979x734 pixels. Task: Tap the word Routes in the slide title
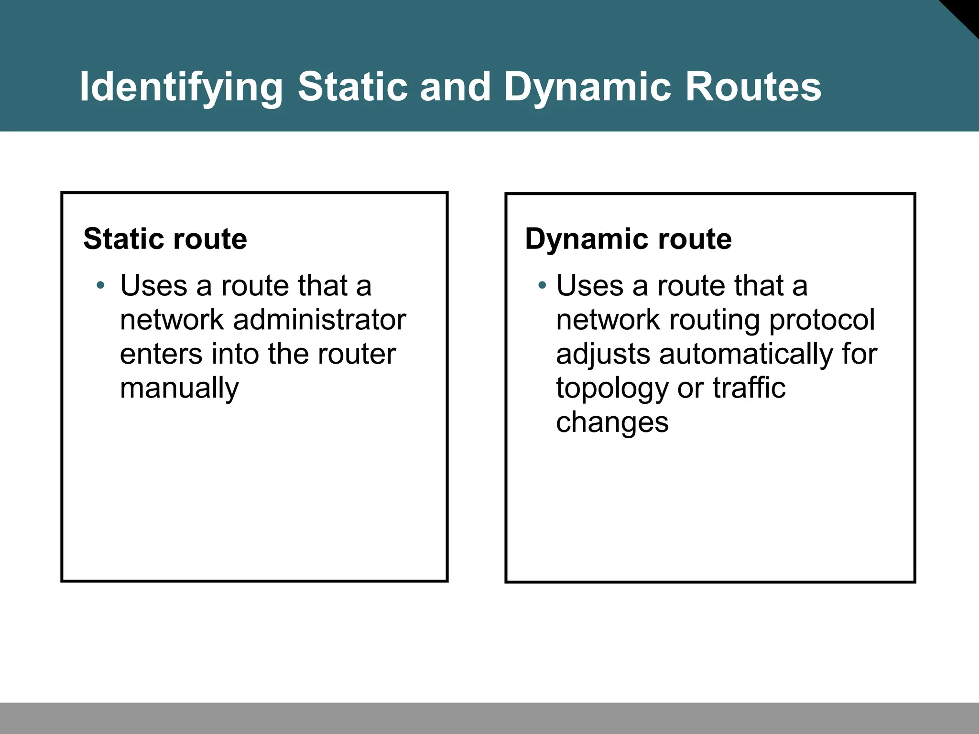click(753, 87)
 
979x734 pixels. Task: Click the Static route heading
click(165, 238)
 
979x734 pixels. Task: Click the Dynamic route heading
click(628, 238)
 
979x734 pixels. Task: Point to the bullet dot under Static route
click(100, 286)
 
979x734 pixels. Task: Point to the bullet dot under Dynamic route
click(542, 286)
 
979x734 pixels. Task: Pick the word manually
click(179, 388)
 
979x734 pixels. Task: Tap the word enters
click(161, 354)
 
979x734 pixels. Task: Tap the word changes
click(612, 422)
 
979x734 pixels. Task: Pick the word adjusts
click(603, 355)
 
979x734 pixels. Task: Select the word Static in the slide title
click(353, 87)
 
